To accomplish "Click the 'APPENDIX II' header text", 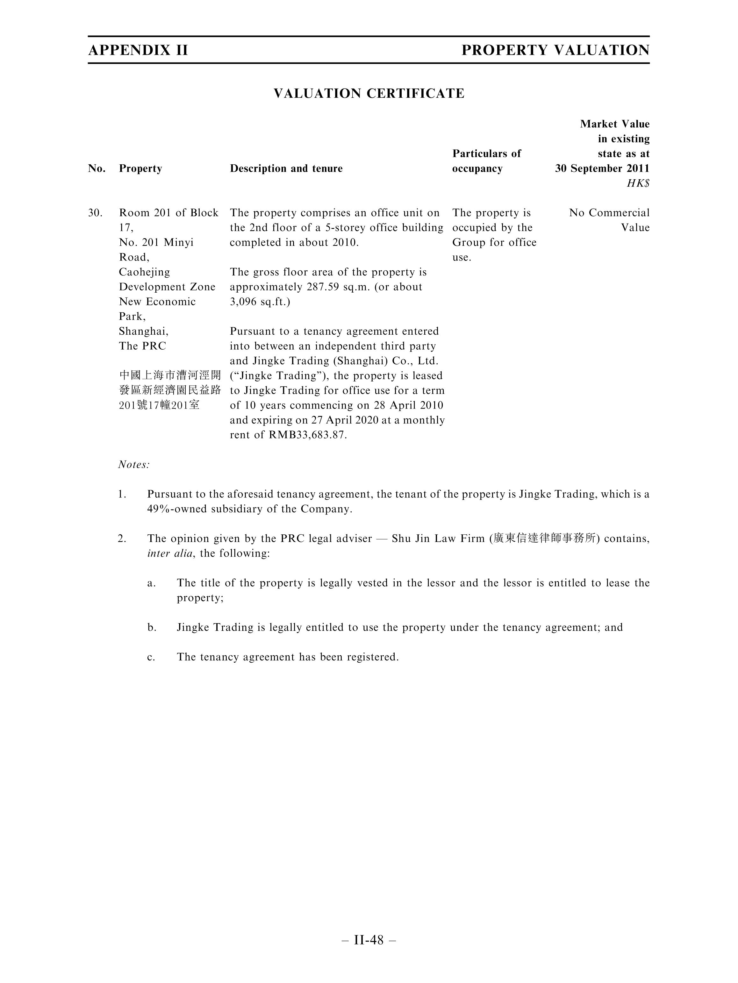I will click(138, 50).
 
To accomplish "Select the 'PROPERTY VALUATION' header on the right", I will click(555, 50).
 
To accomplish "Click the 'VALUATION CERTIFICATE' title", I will click(369, 93).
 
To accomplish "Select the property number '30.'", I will click(95, 213).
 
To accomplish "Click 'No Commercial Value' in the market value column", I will click(609, 220).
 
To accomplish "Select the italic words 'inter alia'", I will click(170, 553).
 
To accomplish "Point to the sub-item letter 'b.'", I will click(152, 628).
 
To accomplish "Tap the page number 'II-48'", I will click(369, 940).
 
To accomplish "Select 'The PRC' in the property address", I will click(142, 346).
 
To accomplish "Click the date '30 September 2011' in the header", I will click(602, 168).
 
